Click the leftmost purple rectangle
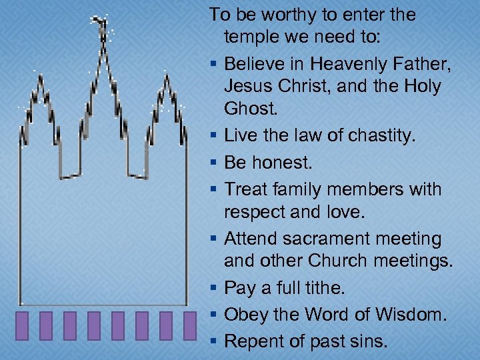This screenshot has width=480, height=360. tap(22, 326)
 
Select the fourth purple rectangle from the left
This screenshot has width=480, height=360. tap(94, 326)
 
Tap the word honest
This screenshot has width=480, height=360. tap(279, 162)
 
